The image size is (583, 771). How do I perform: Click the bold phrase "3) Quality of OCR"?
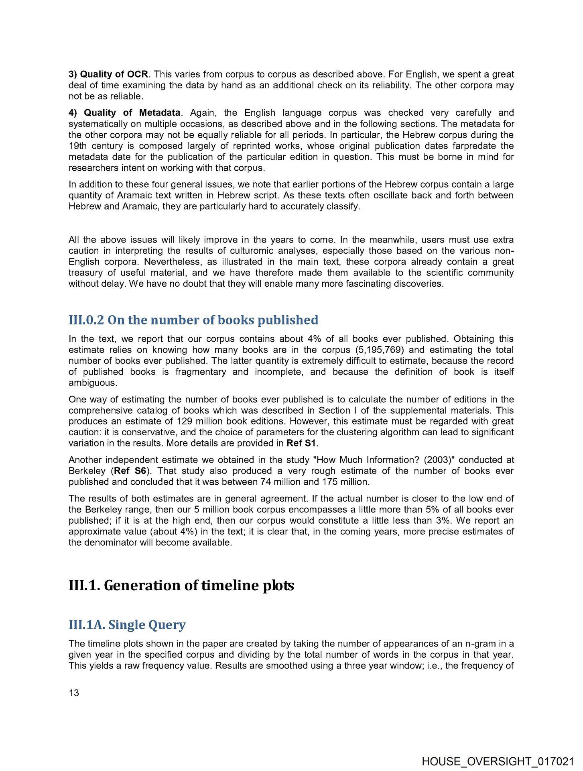(108, 74)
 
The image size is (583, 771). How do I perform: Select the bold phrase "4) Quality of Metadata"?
(124, 113)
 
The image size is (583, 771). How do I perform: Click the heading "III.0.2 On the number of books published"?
(193, 320)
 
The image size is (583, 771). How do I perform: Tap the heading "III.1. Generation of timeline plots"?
(181, 585)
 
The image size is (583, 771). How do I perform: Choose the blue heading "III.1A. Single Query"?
(127, 625)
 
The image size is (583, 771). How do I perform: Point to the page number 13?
(74, 693)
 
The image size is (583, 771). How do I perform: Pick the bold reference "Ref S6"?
(130, 471)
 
